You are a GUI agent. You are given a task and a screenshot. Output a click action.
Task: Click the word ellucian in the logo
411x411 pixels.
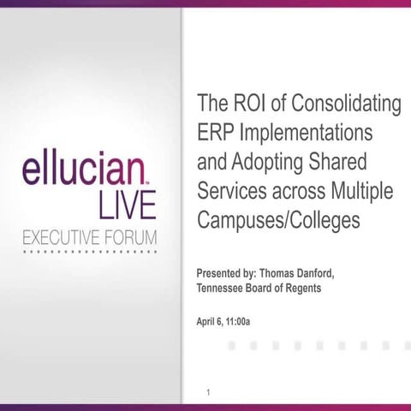pyautogui.click(x=82, y=170)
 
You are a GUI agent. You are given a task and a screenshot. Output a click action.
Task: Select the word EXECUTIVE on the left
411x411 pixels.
pyautogui.click(x=57, y=238)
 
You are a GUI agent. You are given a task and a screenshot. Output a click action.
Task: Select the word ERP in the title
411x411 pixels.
pyautogui.click(x=214, y=134)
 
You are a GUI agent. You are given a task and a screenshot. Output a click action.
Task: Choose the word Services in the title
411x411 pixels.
pyautogui.click(x=229, y=191)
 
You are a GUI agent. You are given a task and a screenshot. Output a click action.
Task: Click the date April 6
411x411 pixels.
pyautogui.click(x=212, y=321)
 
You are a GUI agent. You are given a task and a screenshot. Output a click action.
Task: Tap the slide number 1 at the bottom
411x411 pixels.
pyautogui.click(x=208, y=392)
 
